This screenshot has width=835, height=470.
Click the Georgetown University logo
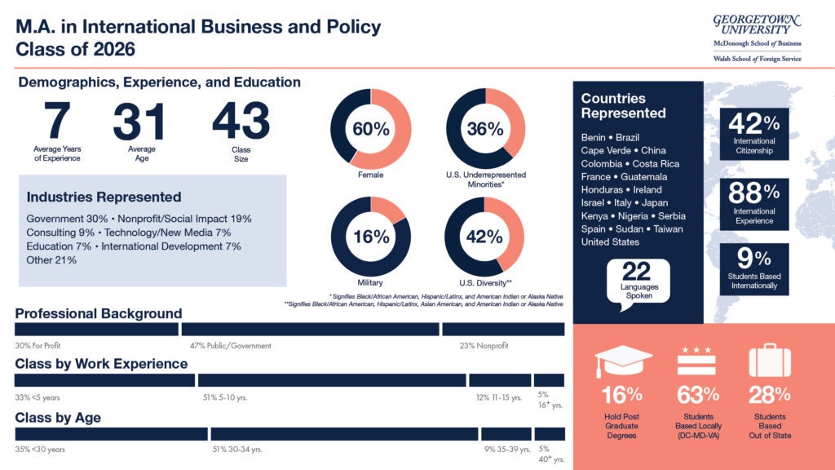point(757,37)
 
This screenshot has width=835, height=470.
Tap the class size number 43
point(241,122)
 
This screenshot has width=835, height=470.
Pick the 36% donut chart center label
point(485,128)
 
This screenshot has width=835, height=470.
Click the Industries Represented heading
point(104,197)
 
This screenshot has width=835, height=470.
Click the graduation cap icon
point(623,360)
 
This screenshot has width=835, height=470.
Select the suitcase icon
point(770,360)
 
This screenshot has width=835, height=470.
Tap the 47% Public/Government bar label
point(230,346)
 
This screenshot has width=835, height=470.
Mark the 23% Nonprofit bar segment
point(503,330)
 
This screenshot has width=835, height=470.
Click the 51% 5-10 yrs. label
point(224,398)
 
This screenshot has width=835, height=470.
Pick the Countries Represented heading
point(624,105)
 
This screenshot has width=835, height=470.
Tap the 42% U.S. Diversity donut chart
point(485,237)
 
